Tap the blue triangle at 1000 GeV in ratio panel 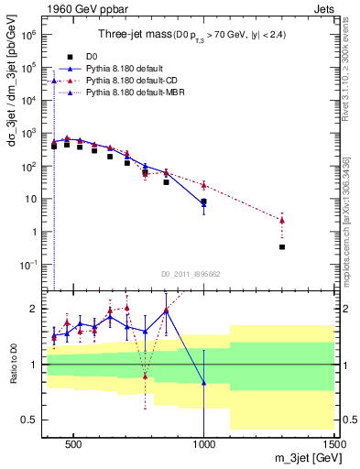pos(203,382)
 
